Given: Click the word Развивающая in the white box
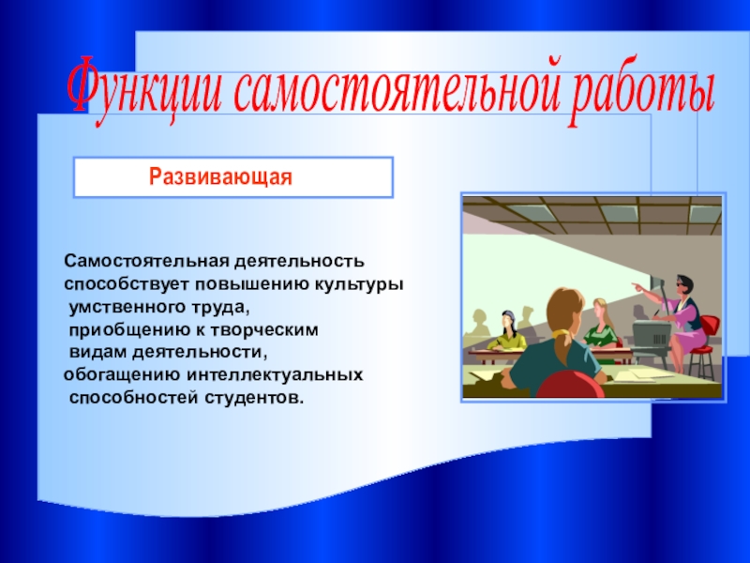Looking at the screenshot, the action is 220,177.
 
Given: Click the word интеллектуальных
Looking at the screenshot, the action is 275,374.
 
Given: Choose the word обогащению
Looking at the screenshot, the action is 123,374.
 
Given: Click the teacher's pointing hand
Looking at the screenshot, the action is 637,287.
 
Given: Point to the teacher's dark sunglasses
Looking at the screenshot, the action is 681,284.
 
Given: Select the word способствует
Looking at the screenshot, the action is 127,285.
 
